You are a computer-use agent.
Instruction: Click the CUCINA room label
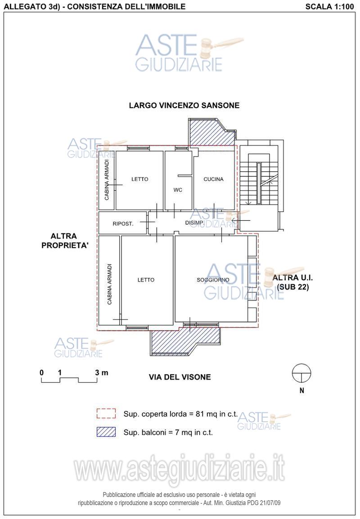pyautogui.click(x=213, y=179)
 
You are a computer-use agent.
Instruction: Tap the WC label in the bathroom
pyautogui.click(x=178, y=190)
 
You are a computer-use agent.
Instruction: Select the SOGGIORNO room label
pyautogui.click(x=213, y=280)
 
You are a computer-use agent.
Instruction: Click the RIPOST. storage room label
pyautogui.click(x=123, y=224)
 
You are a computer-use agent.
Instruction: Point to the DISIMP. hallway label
pyautogui.click(x=194, y=223)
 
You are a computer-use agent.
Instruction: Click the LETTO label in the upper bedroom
pyautogui.click(x=140, y=179)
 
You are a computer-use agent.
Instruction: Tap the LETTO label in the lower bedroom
pyautogui.click(x=146, y=280)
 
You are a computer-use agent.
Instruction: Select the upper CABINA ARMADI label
pyautogui.click(x=107, y=180)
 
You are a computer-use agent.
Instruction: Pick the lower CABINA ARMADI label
pyautogui.click(x=109, y=284)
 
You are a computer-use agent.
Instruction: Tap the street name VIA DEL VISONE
pyautogui.click(x=180, y=377)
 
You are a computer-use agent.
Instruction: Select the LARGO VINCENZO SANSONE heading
pyautogui.click(x=184, y=105)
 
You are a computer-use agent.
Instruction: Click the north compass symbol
pyautogui.click(x=301, y=374)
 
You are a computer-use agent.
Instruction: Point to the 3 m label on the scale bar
pyautogui.click(x=102, y=373)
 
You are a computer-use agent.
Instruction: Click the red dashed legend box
pyautogui.click(x=106, y=414)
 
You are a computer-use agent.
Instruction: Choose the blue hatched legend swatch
pyautogui.click(x=106, y=432)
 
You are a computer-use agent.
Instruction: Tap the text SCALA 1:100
pyautogui.click(x=330, y=6)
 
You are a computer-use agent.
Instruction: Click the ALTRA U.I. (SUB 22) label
pyautogui.click(x=293, y=282)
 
